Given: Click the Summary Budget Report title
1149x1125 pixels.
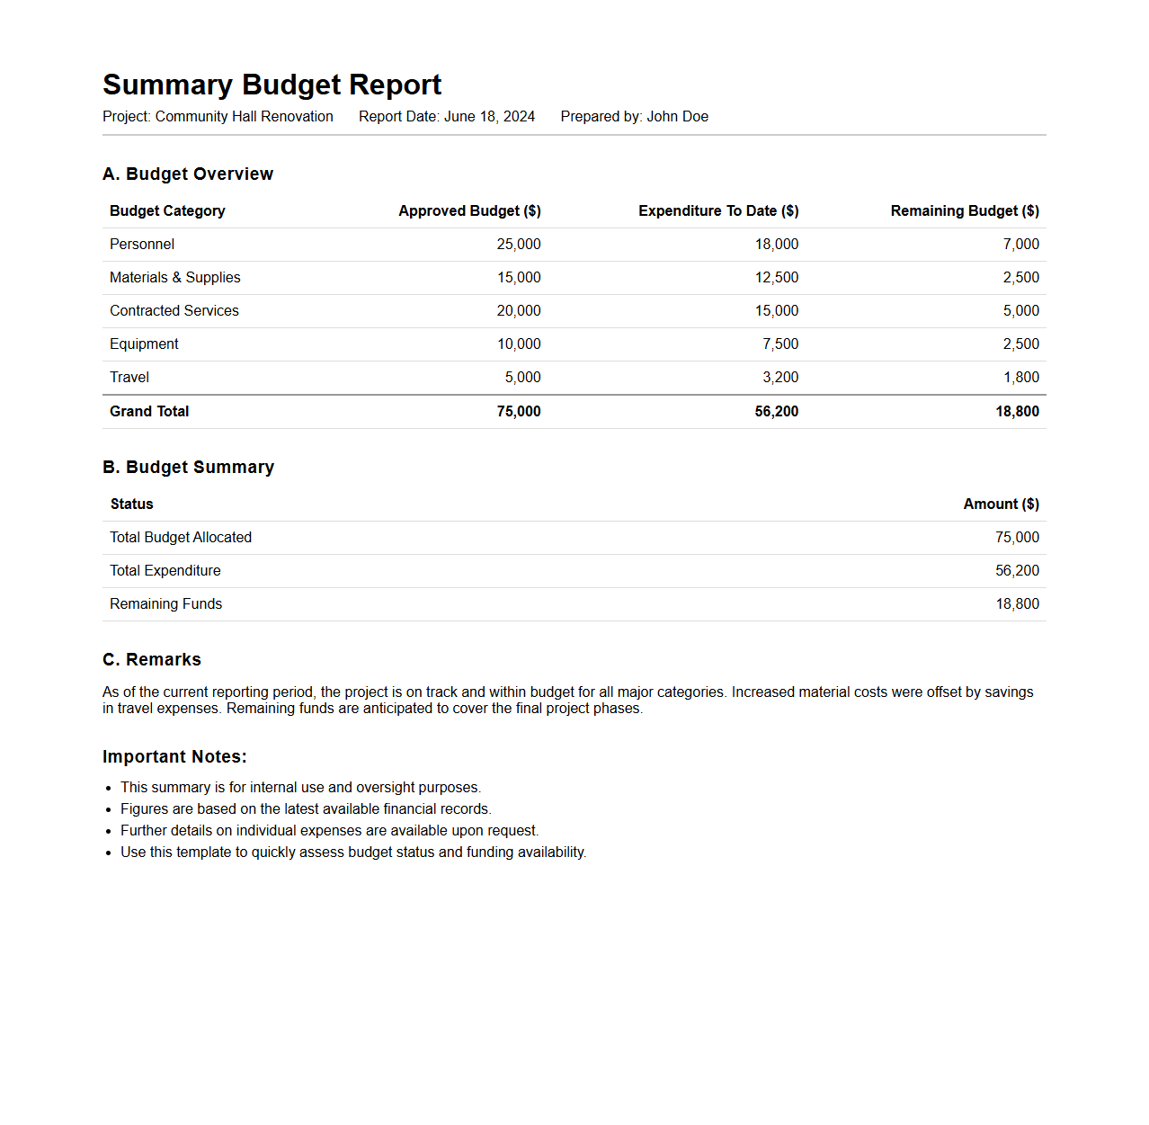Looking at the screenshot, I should click(272, 85).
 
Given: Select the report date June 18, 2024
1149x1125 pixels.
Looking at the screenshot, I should click(489, 117).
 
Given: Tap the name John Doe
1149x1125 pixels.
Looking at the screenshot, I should click(677, 117).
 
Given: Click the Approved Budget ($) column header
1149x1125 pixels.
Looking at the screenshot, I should click(469, 211).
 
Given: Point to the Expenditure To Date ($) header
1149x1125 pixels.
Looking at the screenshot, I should click(718, 211).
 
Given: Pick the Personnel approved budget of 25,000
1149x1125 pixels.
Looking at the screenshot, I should click(519, 245).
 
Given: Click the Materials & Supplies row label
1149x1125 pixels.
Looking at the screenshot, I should click(175, 278).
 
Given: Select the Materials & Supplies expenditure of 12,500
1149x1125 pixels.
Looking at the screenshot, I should click(777, 278).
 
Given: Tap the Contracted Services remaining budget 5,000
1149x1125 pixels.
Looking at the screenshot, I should click(1021, 311).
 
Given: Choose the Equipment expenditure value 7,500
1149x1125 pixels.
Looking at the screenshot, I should click(780, 344).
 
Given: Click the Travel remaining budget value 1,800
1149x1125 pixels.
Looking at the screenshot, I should click(1021, 378).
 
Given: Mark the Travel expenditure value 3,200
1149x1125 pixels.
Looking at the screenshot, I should click(780, 378).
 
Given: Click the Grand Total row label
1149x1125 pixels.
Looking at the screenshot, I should click(149, 412).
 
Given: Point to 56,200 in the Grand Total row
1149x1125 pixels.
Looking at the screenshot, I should click(777, 412).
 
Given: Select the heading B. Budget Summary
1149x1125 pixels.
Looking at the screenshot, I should click(188, 468).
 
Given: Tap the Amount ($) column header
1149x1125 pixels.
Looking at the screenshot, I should click(1001, 504).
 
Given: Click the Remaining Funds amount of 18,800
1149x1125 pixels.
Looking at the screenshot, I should click(1017, 604).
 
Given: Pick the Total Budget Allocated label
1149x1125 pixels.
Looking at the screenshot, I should click(181, 538).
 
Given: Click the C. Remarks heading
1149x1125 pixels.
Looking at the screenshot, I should click(152, 660).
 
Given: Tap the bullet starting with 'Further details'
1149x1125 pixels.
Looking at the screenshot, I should click(329, 831).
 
